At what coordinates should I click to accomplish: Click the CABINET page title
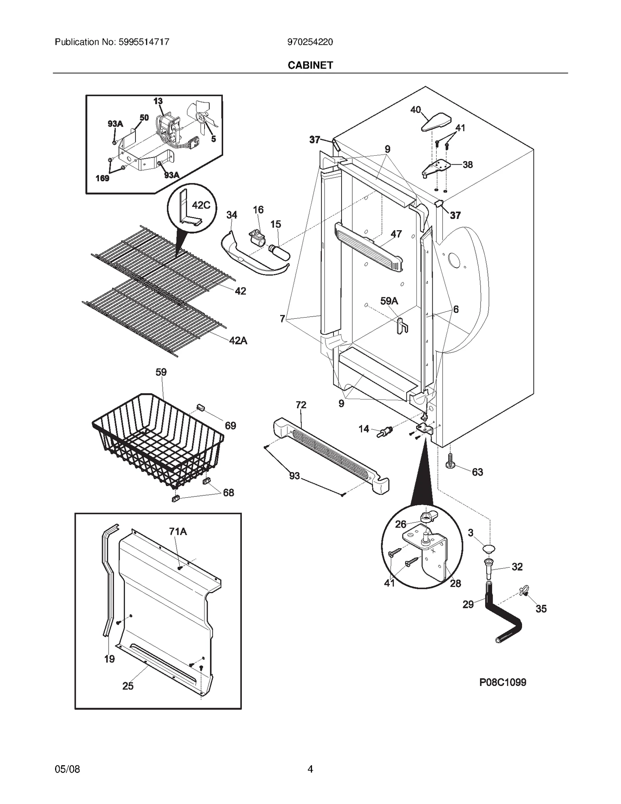[310, 65]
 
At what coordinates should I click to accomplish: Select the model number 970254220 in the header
[310, 42]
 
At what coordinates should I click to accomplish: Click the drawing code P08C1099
[503, 682]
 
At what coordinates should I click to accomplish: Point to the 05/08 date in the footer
[68, 769]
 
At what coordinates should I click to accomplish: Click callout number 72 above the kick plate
[301, 405]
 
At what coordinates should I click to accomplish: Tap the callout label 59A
[389, 301]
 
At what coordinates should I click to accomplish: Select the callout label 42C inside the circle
[201, 205]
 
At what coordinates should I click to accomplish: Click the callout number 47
[396, 234]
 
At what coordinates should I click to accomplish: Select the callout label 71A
[178, 531]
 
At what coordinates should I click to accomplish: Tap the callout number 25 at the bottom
[128, 686]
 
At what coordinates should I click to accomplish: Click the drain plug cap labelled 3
[489, 548]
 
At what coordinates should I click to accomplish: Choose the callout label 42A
[238, 340]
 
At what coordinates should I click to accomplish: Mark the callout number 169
[102, 179]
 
